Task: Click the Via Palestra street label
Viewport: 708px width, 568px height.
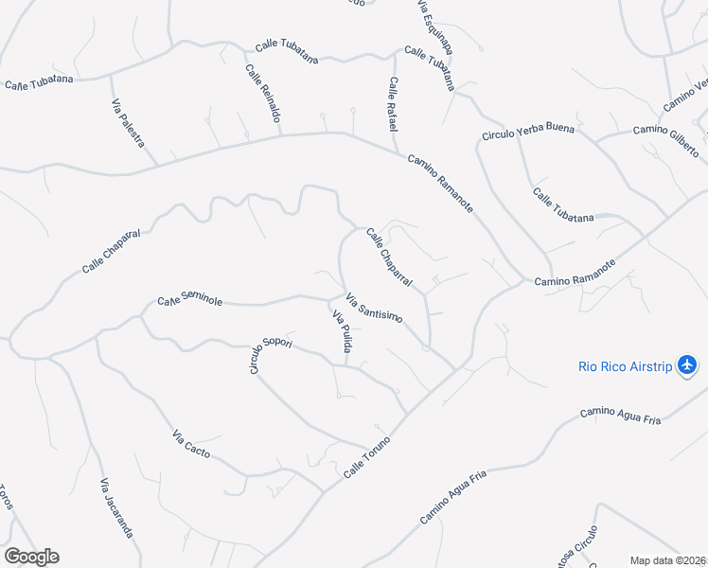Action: point(128,123)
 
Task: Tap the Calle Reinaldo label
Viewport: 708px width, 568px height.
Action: point(264,94)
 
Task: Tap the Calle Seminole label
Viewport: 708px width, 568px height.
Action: point(189,301)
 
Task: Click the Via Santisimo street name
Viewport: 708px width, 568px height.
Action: point(376,311)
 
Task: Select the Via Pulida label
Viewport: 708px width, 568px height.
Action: point(342,333)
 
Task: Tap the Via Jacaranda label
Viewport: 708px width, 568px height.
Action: point(116,508)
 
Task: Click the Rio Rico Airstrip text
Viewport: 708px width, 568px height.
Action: point(626,366)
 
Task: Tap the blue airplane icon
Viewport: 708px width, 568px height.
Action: point(687,365)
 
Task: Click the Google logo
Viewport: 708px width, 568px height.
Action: point(31,557)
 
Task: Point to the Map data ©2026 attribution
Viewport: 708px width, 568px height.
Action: point(668,560)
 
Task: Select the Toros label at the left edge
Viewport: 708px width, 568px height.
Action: point(6,497)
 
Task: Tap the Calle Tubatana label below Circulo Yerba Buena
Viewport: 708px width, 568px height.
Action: point(563,205)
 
